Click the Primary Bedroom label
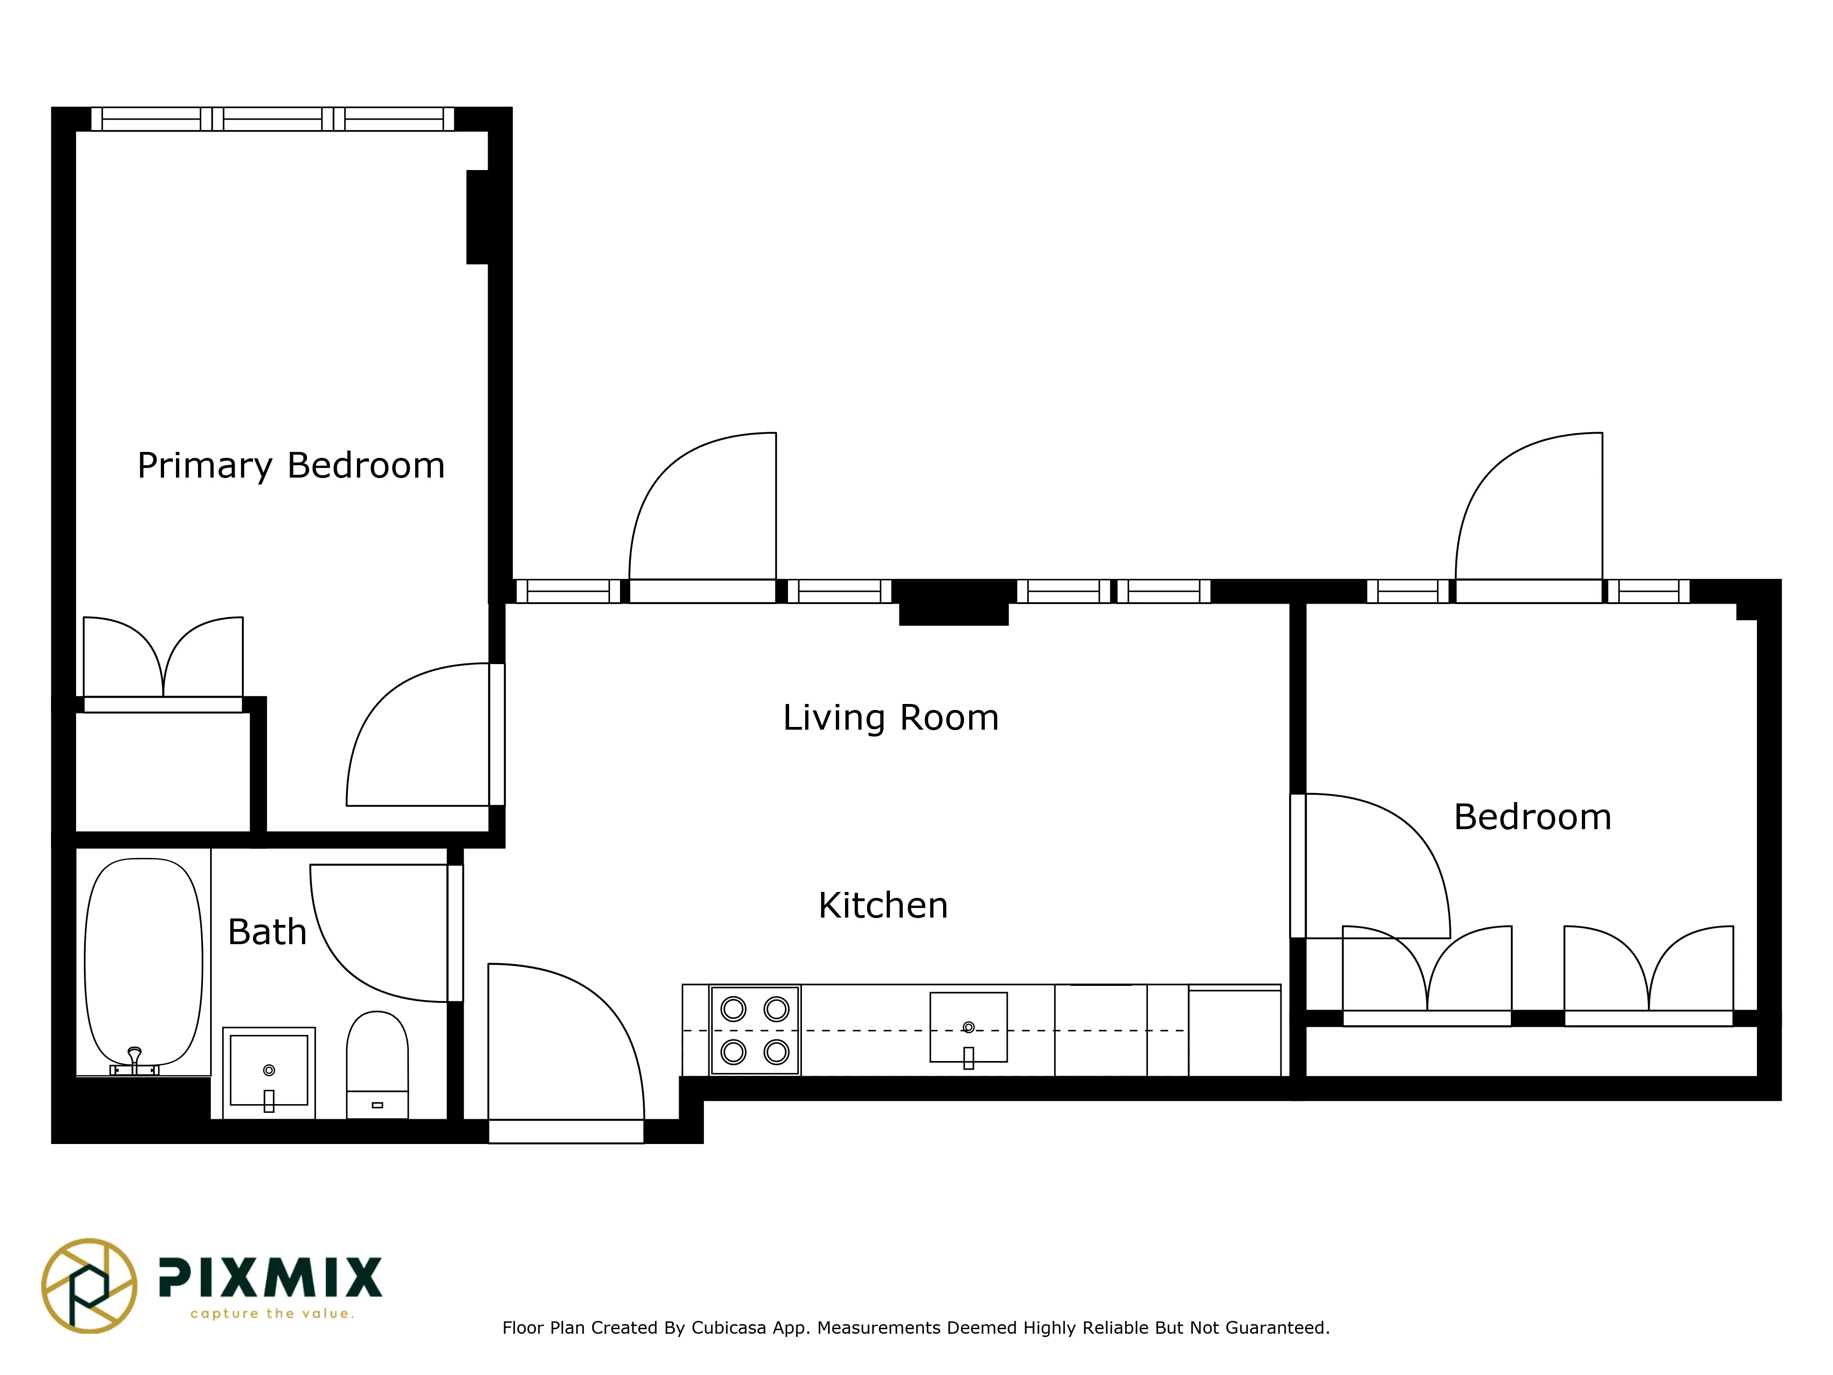tap(291, 466)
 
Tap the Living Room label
tap(891, 718)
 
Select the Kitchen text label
tap(883, 906)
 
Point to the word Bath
tap(267, 932)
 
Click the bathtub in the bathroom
tap(143, 962)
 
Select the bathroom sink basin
tap(269, 1070)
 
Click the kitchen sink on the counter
tap(968, 1028)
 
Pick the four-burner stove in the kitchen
tap(755, 1030)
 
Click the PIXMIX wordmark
tap(270, 1277)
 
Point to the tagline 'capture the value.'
tap(272, 1314)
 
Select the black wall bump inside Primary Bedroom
tap(477, 217)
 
